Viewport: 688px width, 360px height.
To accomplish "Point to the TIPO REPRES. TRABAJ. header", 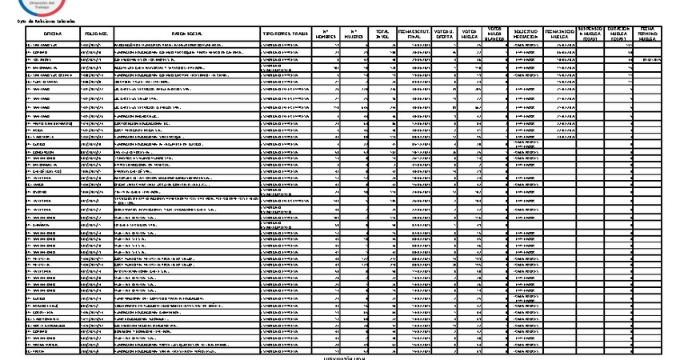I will tap(289, 34).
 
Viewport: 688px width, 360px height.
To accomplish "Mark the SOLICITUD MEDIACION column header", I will tap(527, 34).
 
